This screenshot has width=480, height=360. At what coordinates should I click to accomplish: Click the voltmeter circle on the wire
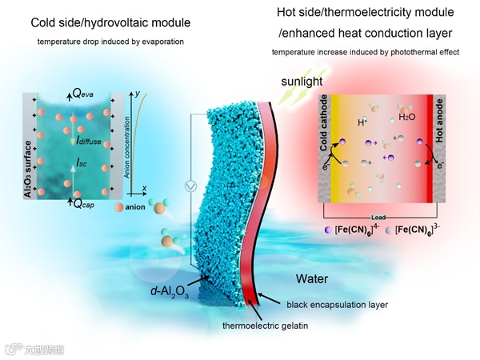[x=190, y=186]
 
